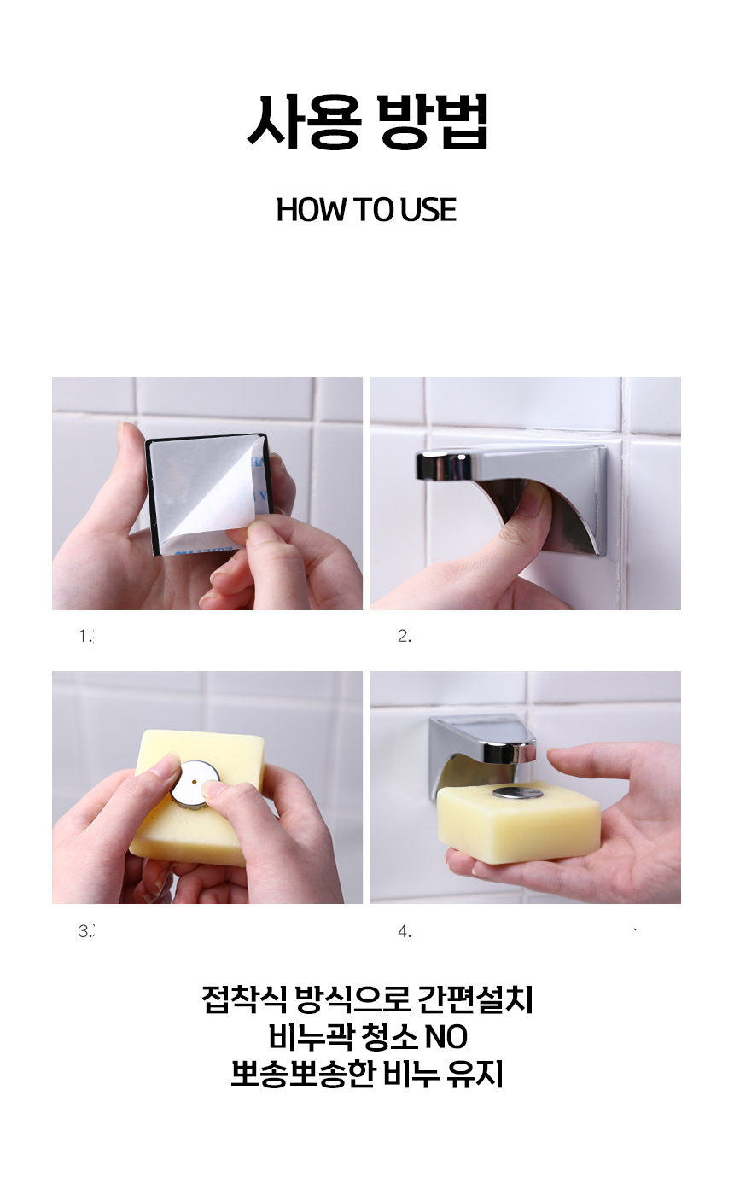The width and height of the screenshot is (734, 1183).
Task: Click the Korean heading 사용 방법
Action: pos(368,121)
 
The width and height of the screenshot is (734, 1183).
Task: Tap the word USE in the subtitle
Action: pos(428,210)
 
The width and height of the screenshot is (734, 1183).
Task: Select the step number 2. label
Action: pos(405,637)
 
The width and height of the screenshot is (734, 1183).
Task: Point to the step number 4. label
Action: pos(405,931)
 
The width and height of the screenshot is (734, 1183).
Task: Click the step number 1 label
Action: pos(86,637)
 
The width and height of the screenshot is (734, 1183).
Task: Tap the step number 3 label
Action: pos(86,931)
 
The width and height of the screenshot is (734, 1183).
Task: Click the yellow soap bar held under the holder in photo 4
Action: pos(519,821)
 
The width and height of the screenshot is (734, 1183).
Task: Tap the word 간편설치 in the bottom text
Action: pos(475,999)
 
